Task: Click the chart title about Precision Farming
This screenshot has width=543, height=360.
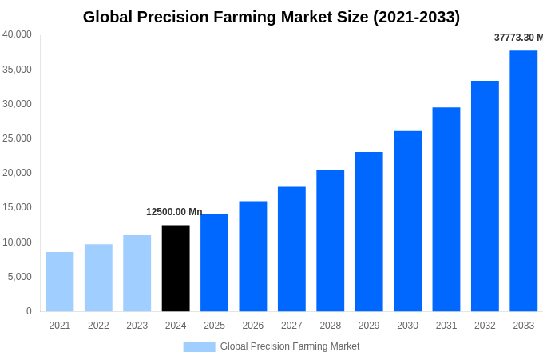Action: coord(271,17)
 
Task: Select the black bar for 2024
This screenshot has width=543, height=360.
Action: coord(176,268)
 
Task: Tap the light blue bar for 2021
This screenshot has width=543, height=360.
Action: coord(60,282)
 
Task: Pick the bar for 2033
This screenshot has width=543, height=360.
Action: coord(523,181)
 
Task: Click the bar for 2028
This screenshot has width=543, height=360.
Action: coord(330,241)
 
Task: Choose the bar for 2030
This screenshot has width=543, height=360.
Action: coord(407,221)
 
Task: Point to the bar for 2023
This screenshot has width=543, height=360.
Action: coord(137,273)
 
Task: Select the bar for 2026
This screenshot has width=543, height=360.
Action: coord(253,256)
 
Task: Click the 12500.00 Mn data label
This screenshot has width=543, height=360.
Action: coord(174,212)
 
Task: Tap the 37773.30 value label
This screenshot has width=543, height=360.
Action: coord(518,38)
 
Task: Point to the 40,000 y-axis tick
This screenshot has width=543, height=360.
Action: coord(17,34)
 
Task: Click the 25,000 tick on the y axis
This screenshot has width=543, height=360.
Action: coord(17,138)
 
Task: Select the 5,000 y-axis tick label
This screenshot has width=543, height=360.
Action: coord(19,277)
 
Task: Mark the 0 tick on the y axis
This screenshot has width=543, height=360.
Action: coord(29,311)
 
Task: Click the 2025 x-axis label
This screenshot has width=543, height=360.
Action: coord(214,326)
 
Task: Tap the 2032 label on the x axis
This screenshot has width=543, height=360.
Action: coord(485,326)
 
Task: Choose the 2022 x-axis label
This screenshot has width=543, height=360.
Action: coord(98,326)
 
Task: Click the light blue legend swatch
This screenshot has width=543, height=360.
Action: coord(199,347)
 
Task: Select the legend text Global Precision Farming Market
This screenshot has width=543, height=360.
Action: coord(290,346)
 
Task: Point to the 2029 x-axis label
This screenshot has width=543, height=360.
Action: coord(369,326)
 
